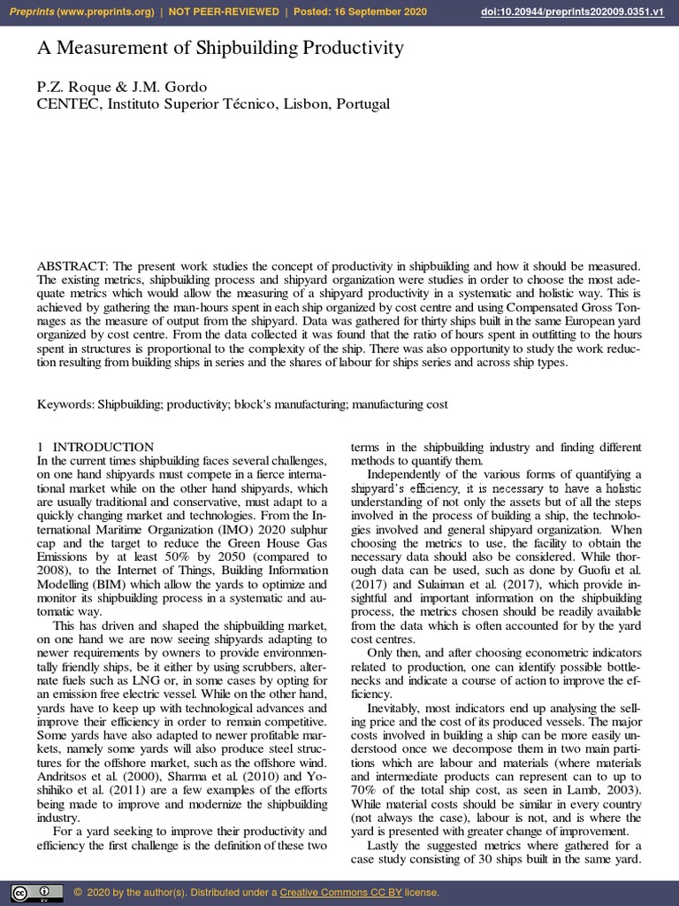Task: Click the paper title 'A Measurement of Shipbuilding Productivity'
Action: [220, 49]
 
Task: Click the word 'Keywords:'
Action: [65, 404]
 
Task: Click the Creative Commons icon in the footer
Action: [36, 891]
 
